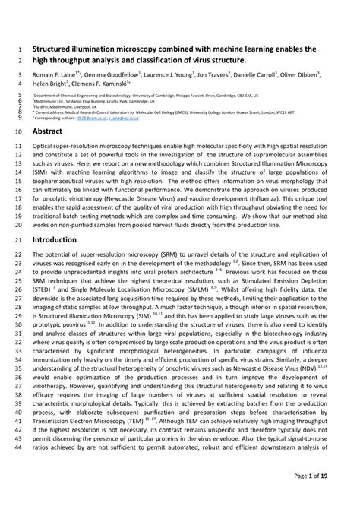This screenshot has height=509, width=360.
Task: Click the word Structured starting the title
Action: pyautogui.click(x=55, y=47)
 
